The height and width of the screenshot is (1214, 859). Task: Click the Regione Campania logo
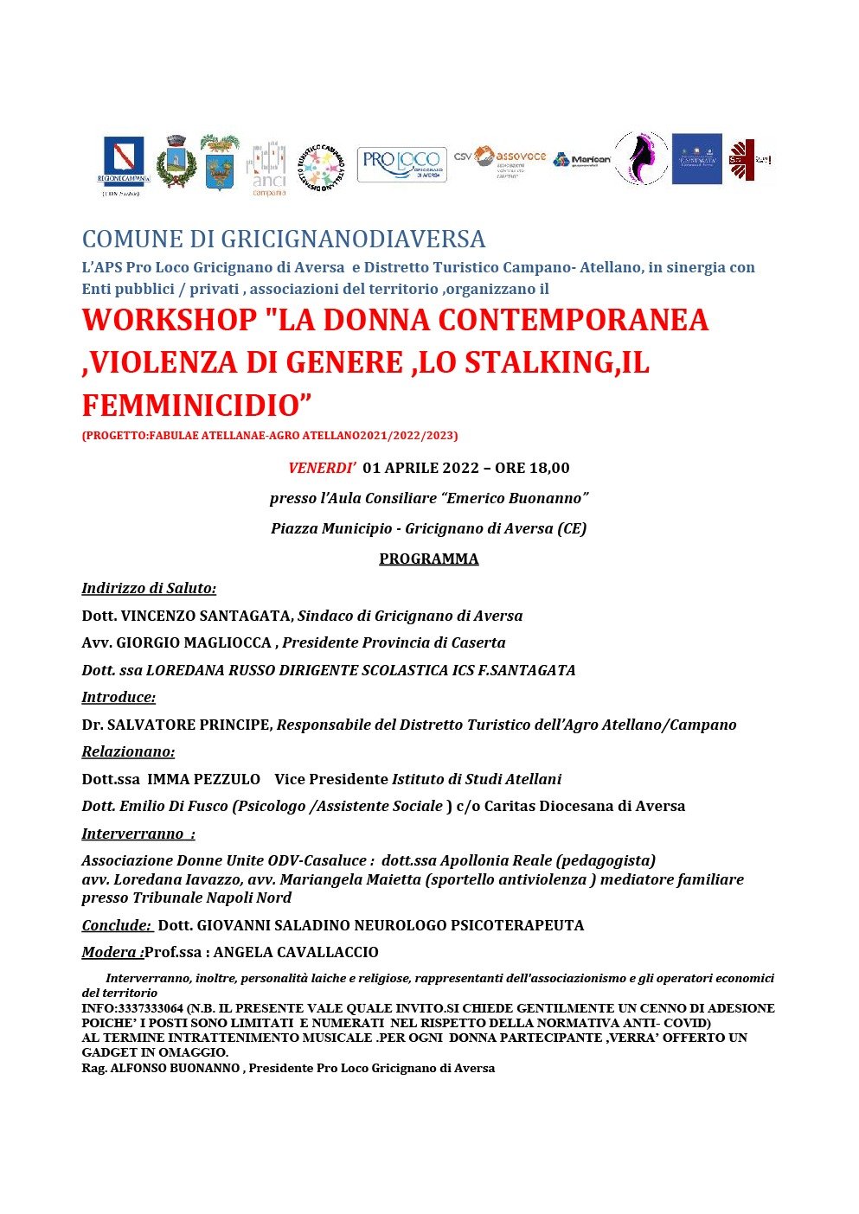coord(124,163)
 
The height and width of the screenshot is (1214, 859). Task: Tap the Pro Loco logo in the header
coord(401,164)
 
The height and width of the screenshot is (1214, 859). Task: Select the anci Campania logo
coord(267,167)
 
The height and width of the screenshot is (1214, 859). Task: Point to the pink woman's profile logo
coord(640,158)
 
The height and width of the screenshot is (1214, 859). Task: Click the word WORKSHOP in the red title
coord(170,320)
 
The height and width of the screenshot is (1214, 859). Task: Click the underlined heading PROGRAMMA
coord(428,559)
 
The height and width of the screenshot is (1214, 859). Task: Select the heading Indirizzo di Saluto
coord(149,588)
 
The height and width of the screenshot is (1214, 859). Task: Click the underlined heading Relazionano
coord(128,751)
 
